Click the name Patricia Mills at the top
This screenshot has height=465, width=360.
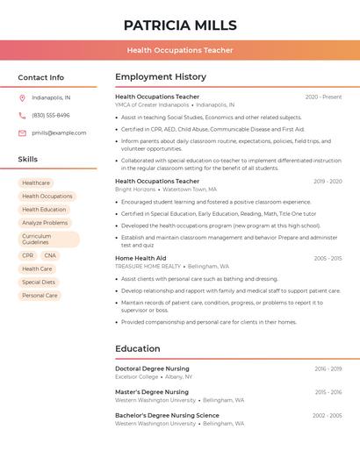click(180, 25)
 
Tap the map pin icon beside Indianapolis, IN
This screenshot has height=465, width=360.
click(22, 97)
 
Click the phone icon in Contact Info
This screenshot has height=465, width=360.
click(22, 115)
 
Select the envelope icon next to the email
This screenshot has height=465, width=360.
click(22, 133)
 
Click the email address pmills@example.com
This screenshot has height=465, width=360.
click(59, 133)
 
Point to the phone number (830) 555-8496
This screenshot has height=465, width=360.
click(51, 115)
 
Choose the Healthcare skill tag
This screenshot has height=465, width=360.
click(36, 183)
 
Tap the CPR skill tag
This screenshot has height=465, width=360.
click(28, 255)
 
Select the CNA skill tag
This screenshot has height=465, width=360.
click(50, 255)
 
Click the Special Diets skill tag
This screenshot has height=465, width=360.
click(39, 283)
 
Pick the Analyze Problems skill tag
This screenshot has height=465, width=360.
click(45, 223)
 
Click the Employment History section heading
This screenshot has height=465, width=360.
click(161, 77)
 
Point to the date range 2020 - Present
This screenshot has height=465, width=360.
click(323, 97)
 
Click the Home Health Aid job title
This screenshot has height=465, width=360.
click(140, 258)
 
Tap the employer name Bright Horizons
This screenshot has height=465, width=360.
click(135, 190)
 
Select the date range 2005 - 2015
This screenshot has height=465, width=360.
click(328, 258)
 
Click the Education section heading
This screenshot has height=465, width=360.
click(137, 349)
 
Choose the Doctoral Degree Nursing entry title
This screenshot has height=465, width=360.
click(152, 368)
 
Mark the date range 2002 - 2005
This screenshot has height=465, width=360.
click(327, 415)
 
